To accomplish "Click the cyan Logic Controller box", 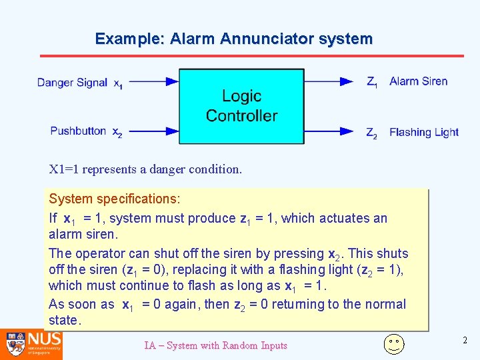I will [241, 106].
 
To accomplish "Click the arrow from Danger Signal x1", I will [153, 82].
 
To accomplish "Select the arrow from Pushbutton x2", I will [153, 131].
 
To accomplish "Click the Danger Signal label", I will [72, 83].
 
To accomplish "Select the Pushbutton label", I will [78, 131].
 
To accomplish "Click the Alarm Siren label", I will [419, 81].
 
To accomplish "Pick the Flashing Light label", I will [424, 132].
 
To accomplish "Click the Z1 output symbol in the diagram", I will [372, 82].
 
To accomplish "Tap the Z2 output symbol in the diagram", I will [372, 133].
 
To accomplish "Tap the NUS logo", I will [31, 344].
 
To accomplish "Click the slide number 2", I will [465, 341].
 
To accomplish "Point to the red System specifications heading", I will [115, 199].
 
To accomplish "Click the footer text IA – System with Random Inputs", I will [215, 345].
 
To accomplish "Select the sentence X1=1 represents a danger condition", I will [145, 169].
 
